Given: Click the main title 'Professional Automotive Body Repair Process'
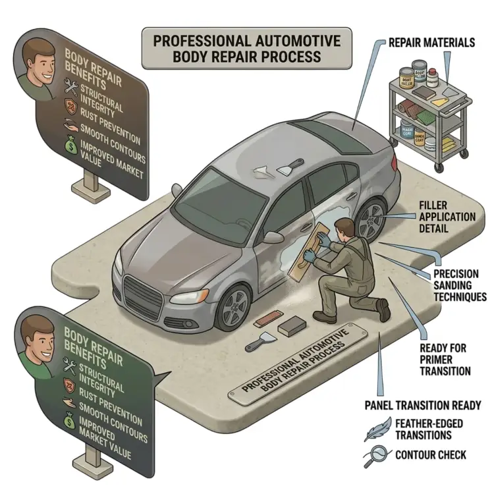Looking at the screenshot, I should [247, 48].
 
